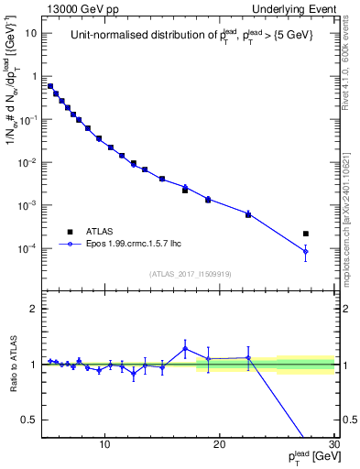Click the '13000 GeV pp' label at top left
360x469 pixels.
[x=80, y=8]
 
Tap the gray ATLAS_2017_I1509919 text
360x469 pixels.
[x=190, y=273]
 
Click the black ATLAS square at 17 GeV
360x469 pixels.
[x=185, y=191]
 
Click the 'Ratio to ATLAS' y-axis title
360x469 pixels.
[x=12, y=364]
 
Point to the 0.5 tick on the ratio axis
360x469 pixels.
[x=34, y=420]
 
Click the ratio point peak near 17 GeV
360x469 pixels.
[x=185, y=348]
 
